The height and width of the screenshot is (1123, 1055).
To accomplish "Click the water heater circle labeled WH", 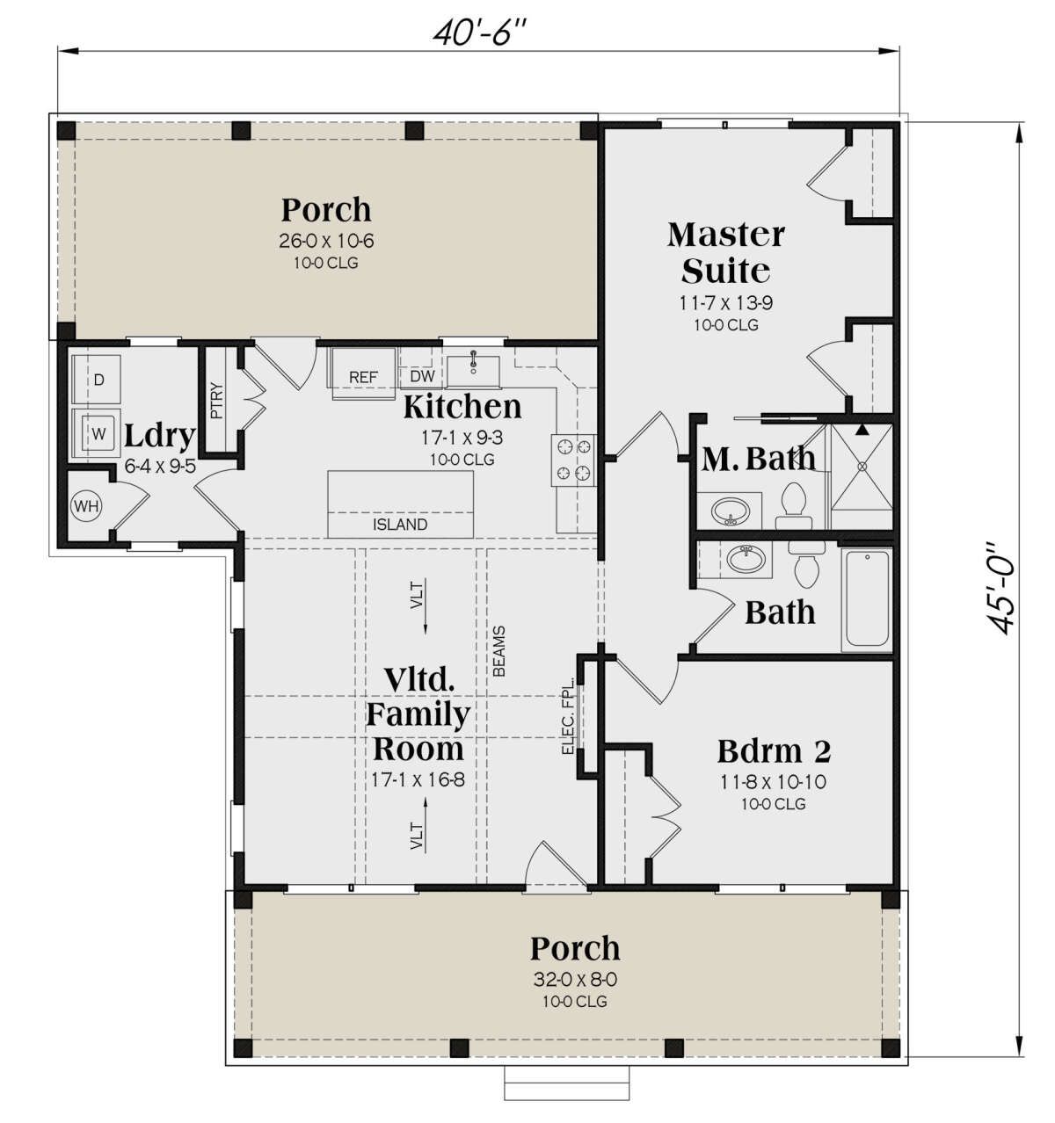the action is point(86,505).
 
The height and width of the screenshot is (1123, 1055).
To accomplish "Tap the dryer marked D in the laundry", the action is point(97,379).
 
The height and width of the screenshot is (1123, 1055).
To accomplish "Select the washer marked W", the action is point(97,432).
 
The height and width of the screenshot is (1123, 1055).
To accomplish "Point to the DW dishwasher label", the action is point(422,376).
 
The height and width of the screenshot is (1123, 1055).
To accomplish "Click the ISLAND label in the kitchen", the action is point(400,525).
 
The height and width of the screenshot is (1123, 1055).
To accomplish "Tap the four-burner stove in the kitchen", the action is point(573,460).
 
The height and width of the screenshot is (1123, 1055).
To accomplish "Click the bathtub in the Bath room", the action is point(866,598).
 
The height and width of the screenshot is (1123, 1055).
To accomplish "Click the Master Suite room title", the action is point(726,253).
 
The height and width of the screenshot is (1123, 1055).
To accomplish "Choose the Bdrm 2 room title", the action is point(774,751).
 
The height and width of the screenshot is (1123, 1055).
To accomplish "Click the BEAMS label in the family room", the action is point(498,651).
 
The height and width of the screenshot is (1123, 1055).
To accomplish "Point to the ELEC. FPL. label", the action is point(568,716).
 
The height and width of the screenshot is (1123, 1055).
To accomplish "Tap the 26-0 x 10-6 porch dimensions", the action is point(326,241).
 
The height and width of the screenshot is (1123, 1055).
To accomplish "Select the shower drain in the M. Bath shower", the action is point(862,466).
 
